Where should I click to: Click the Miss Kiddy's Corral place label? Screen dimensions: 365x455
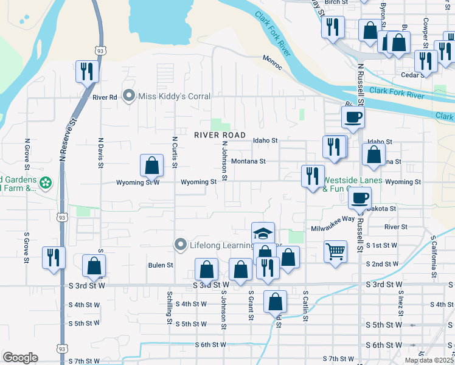pyautogui.click(x=175, y=96)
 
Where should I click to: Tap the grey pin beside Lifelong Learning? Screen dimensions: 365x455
pyautogui.click(x=180, y=245)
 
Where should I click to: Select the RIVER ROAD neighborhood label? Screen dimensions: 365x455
pyautogui.click(x=220, y=135)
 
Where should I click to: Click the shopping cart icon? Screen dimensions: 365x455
pyautogui.click(x=336, y=251)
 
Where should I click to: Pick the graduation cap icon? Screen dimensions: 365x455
pyautogui.click(x=263, y=234)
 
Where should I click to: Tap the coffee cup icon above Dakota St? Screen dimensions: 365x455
pyautogui.click(x=359, y=198)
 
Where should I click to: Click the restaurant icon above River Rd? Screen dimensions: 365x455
pyautogui.click(x=85, y=72)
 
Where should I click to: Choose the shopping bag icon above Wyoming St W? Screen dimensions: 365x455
pyautogui.click(x=151, y=165)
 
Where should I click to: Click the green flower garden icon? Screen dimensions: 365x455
pyautogui.click(x=45, y=182)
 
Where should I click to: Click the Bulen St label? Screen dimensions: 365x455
pyautogui.click(x=161, y=265)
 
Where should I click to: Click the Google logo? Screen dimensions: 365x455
pyautogui.click(x=20, y=358)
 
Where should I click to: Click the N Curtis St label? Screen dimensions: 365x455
pyautogui.click(x=174, y=153)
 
